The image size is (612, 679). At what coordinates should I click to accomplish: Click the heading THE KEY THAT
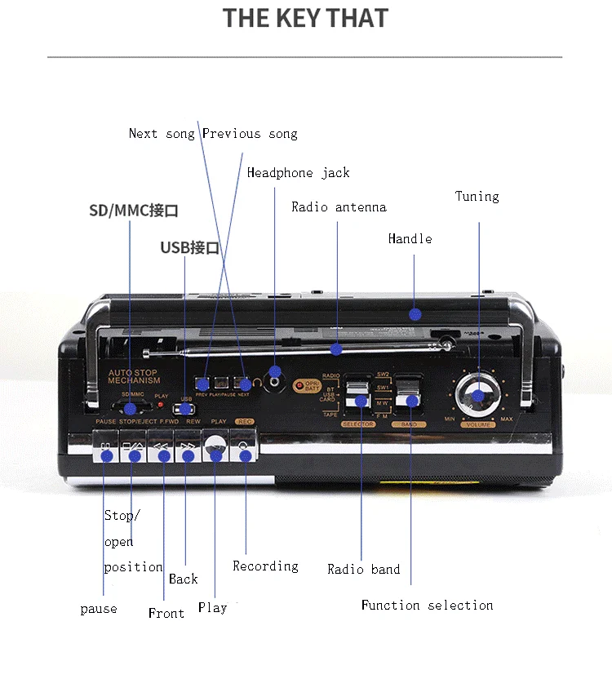306,18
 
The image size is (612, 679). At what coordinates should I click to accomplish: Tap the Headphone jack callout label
298,173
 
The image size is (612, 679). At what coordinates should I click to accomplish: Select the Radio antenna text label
339,207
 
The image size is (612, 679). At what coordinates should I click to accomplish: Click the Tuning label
477,197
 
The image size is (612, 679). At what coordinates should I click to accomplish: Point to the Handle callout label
410,239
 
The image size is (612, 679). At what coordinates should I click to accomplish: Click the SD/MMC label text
133,211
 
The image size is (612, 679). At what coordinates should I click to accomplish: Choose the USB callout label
189,247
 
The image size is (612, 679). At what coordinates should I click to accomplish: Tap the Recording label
265,566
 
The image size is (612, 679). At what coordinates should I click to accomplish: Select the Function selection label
427,606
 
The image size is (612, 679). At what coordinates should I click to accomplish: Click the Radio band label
363,570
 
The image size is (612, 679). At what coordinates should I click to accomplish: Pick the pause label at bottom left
98,609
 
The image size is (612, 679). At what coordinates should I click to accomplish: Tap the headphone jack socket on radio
275,380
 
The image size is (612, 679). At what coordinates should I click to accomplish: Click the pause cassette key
104,451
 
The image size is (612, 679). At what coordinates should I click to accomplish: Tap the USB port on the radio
185,408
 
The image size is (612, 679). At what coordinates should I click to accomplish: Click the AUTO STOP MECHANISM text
135,376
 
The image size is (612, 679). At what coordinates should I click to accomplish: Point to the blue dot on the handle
415,313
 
